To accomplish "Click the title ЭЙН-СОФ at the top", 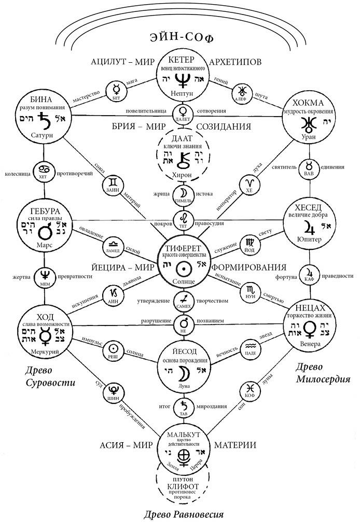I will coord(182,38).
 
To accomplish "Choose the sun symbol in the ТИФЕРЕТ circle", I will coord(183,267).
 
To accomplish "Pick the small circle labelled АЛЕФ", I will coord(242,91).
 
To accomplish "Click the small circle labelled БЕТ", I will coord(116,92).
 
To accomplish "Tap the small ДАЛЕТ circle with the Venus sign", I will coord(183,112).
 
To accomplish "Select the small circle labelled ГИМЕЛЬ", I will coord(183,193).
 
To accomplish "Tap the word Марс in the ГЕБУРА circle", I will coord(44,243).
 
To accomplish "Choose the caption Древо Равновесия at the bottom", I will coord(184,514).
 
